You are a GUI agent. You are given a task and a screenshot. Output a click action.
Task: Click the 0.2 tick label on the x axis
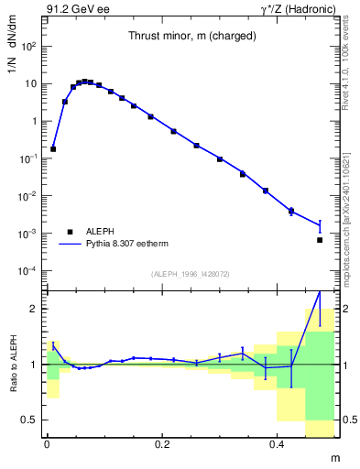[x=163, y=444]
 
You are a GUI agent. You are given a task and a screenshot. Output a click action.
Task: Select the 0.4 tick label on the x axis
[x=279, y=444]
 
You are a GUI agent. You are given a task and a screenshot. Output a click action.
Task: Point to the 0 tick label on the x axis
[x=48, y=444]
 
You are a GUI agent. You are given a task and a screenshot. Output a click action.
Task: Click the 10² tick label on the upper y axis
[x=30, y=46]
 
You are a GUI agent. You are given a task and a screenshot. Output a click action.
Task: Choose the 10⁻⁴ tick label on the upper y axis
[x=30, y=271]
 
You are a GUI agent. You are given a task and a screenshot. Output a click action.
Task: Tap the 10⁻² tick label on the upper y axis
[x=30, y=196]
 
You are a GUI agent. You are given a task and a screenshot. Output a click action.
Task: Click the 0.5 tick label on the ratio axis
[x=32, y=420]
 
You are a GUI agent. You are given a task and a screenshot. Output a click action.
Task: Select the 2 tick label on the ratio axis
[x=37, y=309]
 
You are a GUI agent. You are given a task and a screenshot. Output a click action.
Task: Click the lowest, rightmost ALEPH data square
[x=320, y=240]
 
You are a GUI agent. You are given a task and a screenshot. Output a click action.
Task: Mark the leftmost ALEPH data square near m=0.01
[x=53, y=148]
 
